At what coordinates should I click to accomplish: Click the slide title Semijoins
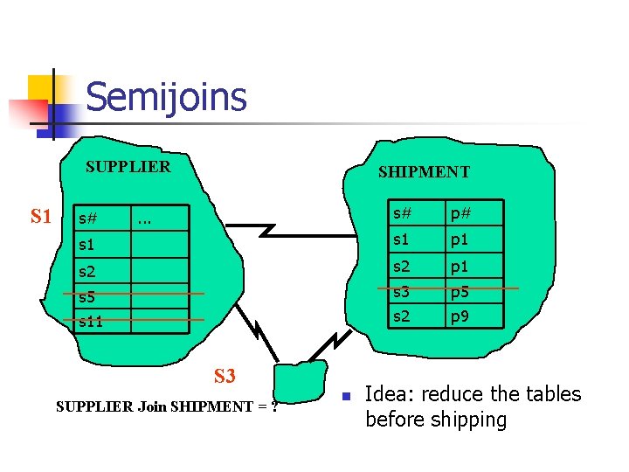166,97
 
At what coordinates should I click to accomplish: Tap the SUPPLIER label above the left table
128,166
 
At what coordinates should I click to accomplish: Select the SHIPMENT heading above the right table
424,172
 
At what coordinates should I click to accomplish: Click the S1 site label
41,216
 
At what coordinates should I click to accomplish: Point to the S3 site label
225,377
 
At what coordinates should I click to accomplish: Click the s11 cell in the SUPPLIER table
91,322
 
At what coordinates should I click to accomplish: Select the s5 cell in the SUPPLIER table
87,296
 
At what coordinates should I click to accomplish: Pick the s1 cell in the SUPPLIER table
86,246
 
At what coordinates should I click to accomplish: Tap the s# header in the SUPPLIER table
87,218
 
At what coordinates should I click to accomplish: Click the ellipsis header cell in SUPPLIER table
144,218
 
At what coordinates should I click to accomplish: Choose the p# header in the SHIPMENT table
461,213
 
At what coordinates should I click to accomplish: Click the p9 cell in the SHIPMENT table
460,316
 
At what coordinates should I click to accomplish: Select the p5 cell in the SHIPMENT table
460,291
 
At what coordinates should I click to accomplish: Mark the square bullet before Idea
346,396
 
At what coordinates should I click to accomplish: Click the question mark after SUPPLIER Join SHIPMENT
273,406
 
